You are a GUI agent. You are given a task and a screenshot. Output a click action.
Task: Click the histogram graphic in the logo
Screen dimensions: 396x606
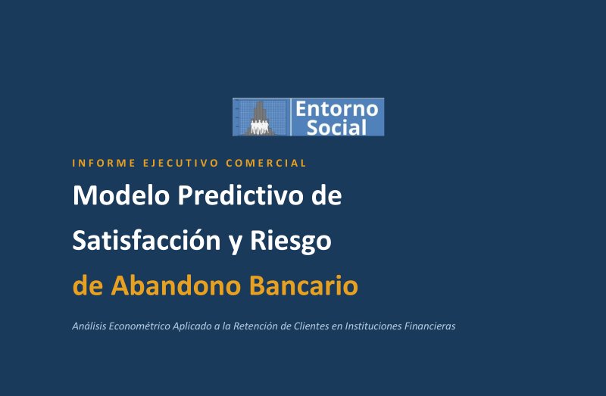[x=260, y=117]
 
